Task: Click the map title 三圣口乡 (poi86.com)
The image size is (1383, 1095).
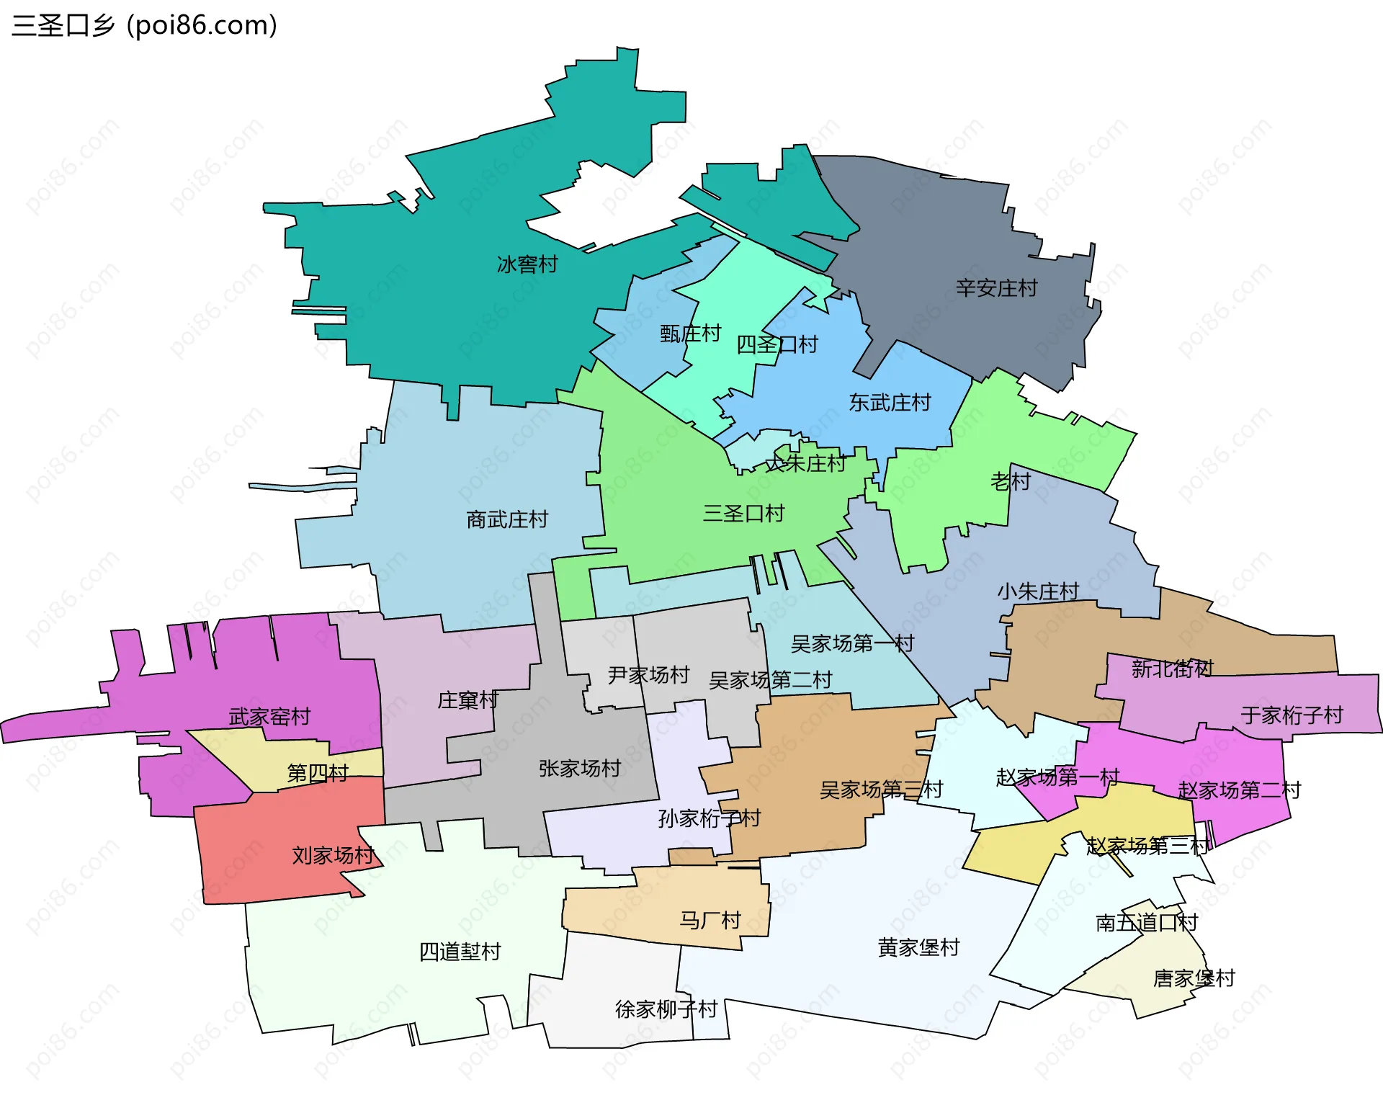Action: [x=144, y=26]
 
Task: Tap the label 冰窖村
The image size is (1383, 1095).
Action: [x=527, y=264]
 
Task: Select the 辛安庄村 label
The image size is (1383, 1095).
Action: [x=996, y=288]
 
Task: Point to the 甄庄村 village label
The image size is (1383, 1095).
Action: [x=690, y=334]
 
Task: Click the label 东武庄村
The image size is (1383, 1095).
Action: [x=890, y=402]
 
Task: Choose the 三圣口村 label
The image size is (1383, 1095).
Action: [x=743, y=514]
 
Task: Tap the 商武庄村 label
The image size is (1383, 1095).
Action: [x=507, y=519]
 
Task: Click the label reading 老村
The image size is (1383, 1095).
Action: [x=1011, y=481]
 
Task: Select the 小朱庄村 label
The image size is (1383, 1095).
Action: [x=1038, y=591]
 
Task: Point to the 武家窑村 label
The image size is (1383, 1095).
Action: [x=269, y=716]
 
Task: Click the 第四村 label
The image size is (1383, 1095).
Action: [x=318, y=773]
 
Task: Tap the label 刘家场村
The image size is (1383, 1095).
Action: [x=333, y=855]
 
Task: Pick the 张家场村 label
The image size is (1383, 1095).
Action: [x=580, y=769]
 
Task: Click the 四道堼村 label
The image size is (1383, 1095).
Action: [x=460, y=952]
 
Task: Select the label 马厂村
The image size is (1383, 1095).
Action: [x=710, y=920]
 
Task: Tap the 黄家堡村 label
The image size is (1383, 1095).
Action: [x=918, y=947]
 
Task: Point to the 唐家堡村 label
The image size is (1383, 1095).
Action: [x=1194, y=978]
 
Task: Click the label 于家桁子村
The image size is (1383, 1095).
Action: [x=1292, y=715]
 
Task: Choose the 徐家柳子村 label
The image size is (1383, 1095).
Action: [x=666, y=1009]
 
